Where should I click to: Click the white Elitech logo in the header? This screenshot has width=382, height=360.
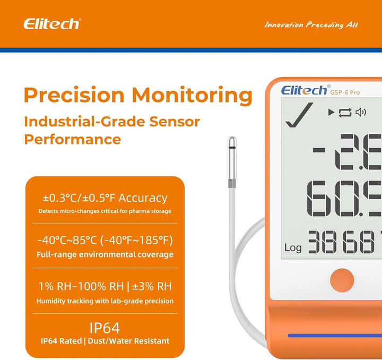[x=51, y=24]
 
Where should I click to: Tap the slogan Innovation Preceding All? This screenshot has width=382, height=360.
[x=311, y=25]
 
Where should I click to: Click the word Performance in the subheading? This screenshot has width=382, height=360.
[x=73, y=140]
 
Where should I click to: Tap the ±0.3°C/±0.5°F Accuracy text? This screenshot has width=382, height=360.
[x=105, y=198]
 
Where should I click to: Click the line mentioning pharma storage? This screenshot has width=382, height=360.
[x=105, y=211]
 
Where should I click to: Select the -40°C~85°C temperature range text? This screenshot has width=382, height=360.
[x=105, y=240]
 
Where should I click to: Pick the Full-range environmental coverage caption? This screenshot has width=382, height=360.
[x=105, y=255]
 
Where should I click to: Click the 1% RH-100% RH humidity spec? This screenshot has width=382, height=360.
[x=105, y=287]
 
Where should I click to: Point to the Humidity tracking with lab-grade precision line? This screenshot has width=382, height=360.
[x=105, y=301]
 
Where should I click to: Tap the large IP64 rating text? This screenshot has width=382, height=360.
[x=105, y=327]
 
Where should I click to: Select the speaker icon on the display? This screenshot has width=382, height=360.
[x=361, y=112]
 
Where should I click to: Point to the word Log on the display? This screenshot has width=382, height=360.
[x=293, y=247]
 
